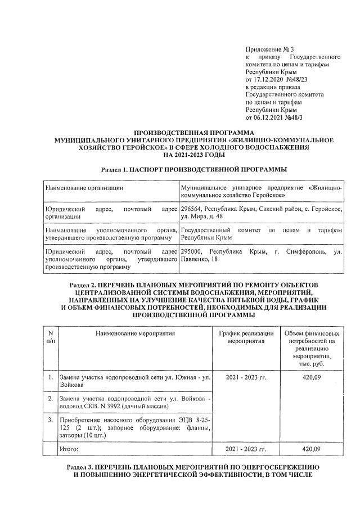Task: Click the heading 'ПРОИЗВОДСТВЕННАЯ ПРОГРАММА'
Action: click(x=179, y=132)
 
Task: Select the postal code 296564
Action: click(x=192, y=209)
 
